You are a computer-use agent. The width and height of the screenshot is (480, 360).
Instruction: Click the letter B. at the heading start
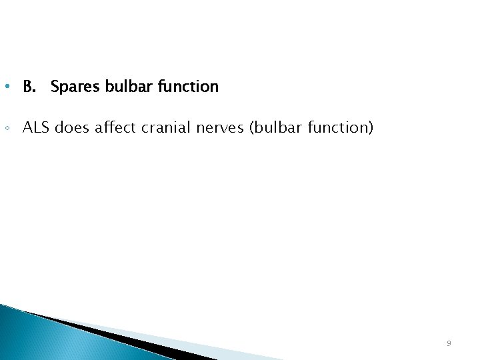tap(29, 87)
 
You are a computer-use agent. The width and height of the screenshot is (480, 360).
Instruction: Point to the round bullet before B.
tap(6, 87)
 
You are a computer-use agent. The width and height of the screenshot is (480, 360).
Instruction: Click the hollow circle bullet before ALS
tap(6, 127)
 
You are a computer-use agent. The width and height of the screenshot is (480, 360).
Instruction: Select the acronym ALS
tap(36, 127)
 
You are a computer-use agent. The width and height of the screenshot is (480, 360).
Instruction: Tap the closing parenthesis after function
tap(371, 127)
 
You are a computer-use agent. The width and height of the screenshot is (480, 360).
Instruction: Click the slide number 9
tap(449, 343)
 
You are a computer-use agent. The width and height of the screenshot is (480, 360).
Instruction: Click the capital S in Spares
tap(55, 87)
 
